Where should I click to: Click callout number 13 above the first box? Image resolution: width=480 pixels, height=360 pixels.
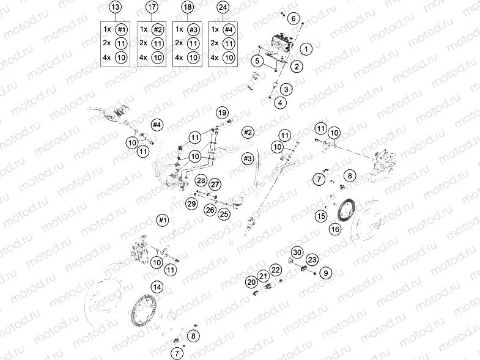115,7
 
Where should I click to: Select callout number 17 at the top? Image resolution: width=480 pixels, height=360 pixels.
151,7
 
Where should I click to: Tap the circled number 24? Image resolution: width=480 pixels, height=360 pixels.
223,7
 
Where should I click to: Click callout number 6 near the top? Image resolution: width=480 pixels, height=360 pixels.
294,19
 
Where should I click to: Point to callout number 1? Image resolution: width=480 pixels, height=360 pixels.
307,48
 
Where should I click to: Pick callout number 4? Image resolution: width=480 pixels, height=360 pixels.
279,103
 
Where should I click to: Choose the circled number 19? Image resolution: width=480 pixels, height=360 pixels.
222,113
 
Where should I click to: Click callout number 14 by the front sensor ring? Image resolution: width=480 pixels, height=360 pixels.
157,286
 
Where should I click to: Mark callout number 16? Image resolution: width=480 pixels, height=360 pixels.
334,229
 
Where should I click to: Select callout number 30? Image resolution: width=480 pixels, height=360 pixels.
297,252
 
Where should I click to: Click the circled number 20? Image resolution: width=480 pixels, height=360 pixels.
251,282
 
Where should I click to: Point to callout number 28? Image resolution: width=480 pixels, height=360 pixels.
201,180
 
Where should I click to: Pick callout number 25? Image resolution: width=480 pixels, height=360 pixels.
224,213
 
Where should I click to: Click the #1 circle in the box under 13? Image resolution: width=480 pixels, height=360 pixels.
122,29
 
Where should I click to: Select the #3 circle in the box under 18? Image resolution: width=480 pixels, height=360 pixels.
193,29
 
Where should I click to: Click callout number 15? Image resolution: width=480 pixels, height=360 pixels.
321,216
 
